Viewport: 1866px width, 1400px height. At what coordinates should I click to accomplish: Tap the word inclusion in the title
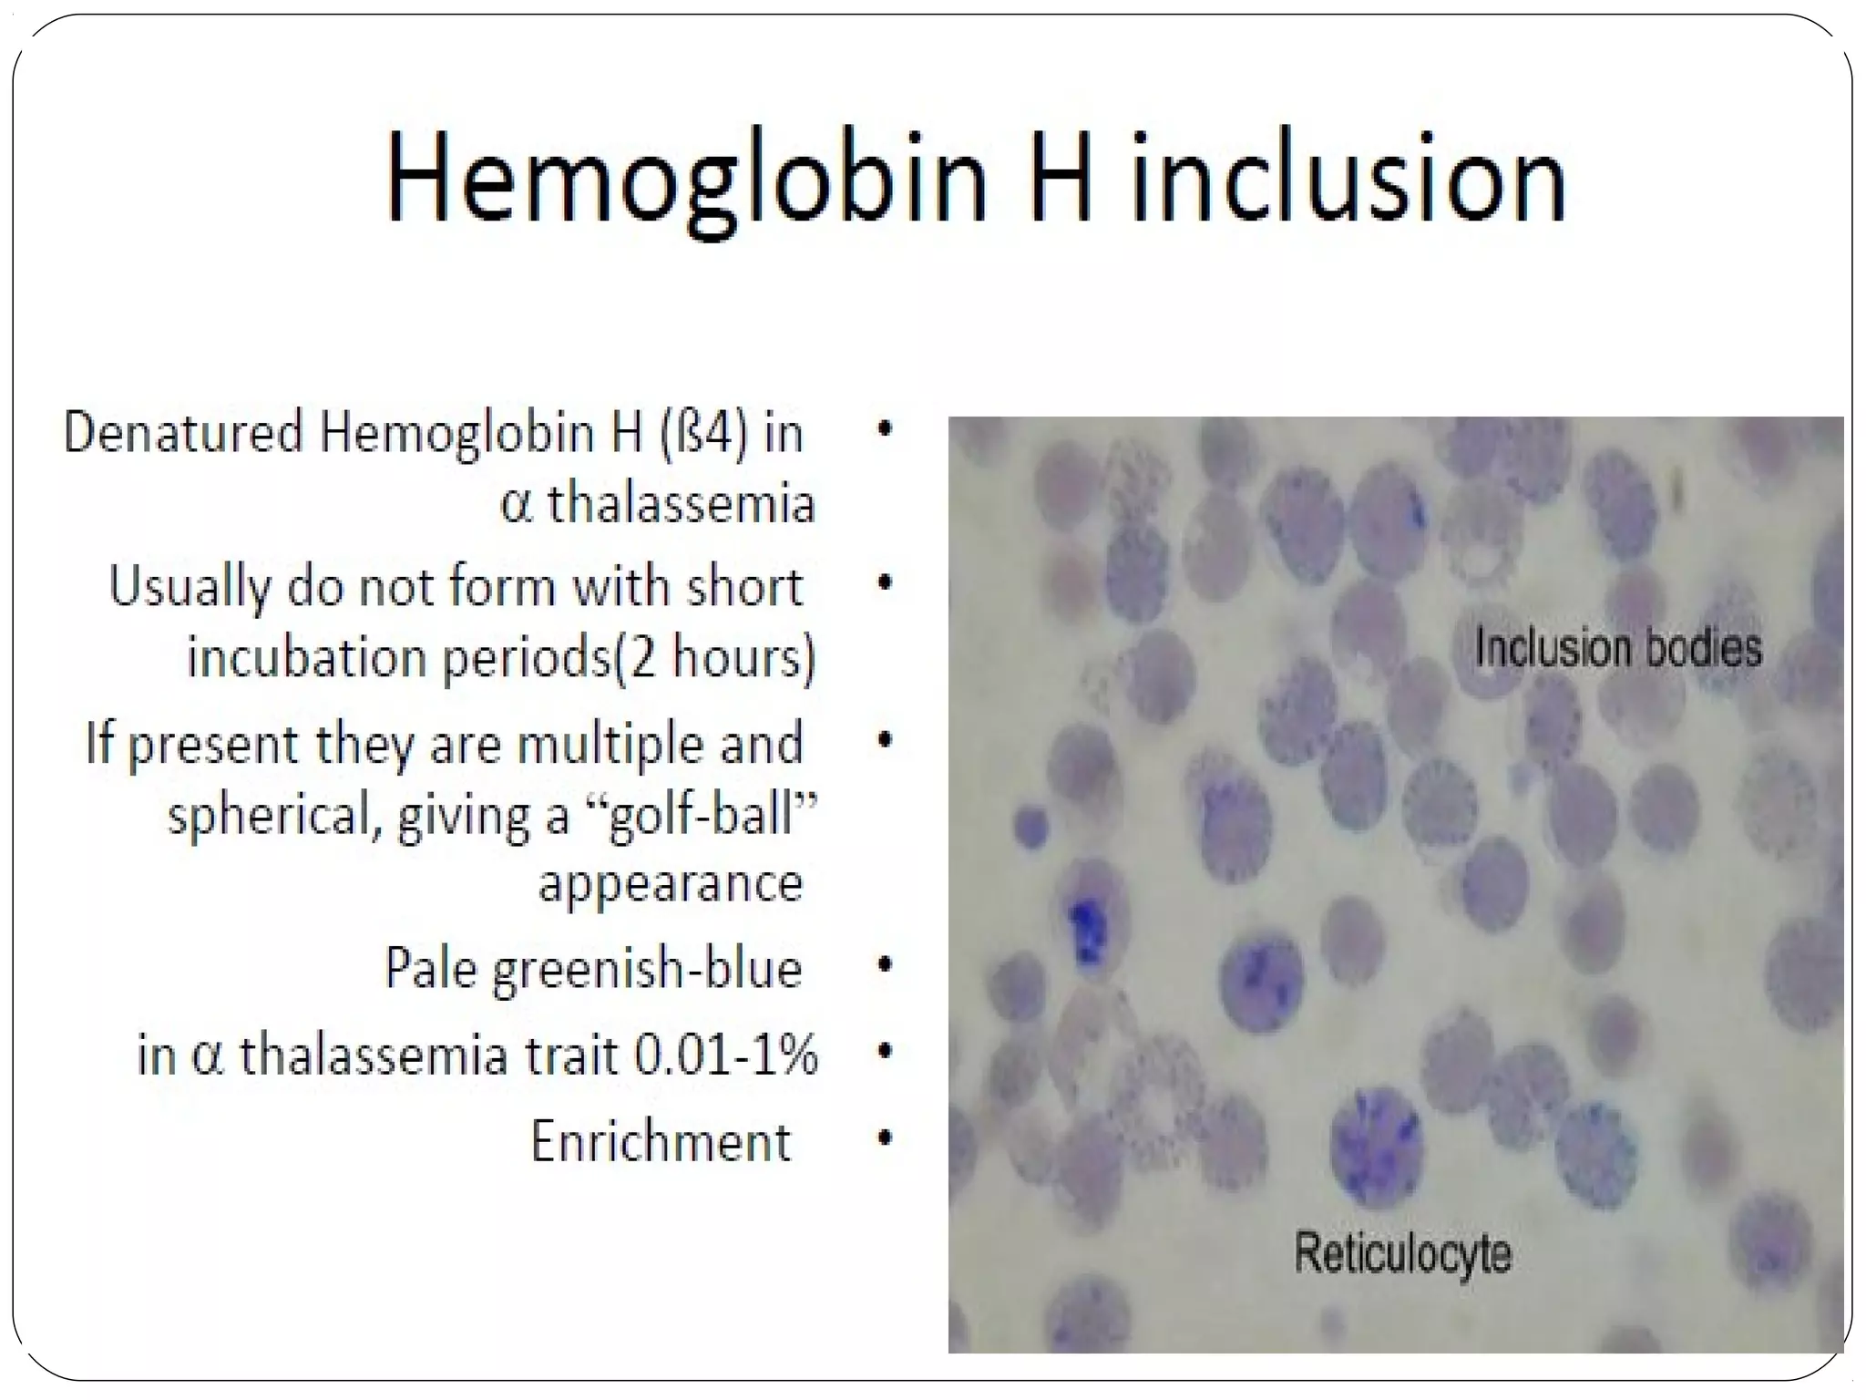pyautogui.click(x=1349, y=178)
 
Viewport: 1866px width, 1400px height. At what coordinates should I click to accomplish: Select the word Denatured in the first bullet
pyautogui.click(x=182, y=432)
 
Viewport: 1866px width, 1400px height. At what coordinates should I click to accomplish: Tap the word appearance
pyautogui.click(x=671, y=883)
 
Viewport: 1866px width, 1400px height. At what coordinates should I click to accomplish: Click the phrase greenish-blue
pyautogui.click(x=647, y=969)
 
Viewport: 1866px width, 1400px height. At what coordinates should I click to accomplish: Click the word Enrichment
pyautogui.click(x=661, y=1141)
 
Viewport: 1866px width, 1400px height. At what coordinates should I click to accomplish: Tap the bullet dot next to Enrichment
pyautogui.click(x=884, y=1137)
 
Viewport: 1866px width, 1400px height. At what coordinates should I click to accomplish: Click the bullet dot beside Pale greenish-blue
pyautogui.click(x=884, y=964)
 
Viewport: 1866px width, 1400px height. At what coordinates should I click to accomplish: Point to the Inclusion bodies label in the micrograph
pyautogui.click(x=1618, y=648)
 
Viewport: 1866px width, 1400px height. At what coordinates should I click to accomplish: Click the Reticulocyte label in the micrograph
pyautogui.click(x=1403, y=1252)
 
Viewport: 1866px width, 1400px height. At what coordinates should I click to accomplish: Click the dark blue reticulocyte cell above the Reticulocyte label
pyautogui.click(x=1376, y=1144)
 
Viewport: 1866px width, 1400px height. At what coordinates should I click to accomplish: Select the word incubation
pyautogui.click(x=306, y=657)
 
